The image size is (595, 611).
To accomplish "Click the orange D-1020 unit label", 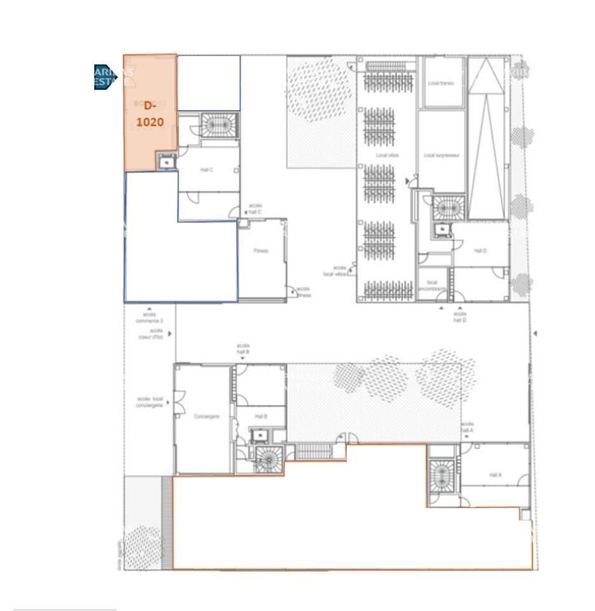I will coord(150,113).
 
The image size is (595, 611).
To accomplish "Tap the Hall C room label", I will coord(207,170).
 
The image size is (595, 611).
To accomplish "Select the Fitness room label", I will coord(261,251).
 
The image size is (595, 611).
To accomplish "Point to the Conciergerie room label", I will coord(207,416).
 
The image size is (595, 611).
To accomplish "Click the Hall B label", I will coord(261,416).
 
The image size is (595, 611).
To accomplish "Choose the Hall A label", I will coord(496,475).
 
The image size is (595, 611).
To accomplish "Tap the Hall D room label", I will coord(480,251).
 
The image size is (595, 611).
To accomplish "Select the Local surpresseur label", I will coord(442,155).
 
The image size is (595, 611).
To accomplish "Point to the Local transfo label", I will coord(442,83).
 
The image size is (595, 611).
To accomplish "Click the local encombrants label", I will coord(432,285).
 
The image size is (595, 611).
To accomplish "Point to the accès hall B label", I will coord(242,348).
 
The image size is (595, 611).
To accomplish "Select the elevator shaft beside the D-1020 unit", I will coord(166,162).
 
